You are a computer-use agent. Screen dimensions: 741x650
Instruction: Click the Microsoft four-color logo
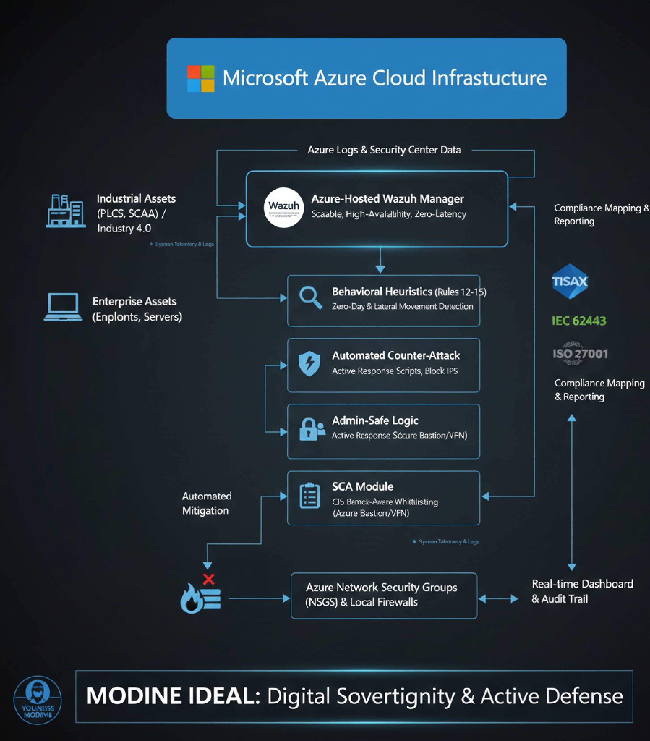200,78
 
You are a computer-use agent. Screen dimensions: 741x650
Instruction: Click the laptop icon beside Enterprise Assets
63,307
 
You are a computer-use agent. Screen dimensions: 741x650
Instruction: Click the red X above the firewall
209,579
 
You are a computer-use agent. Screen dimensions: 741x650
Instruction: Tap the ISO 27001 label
580,353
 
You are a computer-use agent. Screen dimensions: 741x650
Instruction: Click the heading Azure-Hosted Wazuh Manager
387,199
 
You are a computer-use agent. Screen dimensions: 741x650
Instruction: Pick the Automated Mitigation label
206,503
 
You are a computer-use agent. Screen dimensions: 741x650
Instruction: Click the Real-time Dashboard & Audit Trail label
582,591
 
